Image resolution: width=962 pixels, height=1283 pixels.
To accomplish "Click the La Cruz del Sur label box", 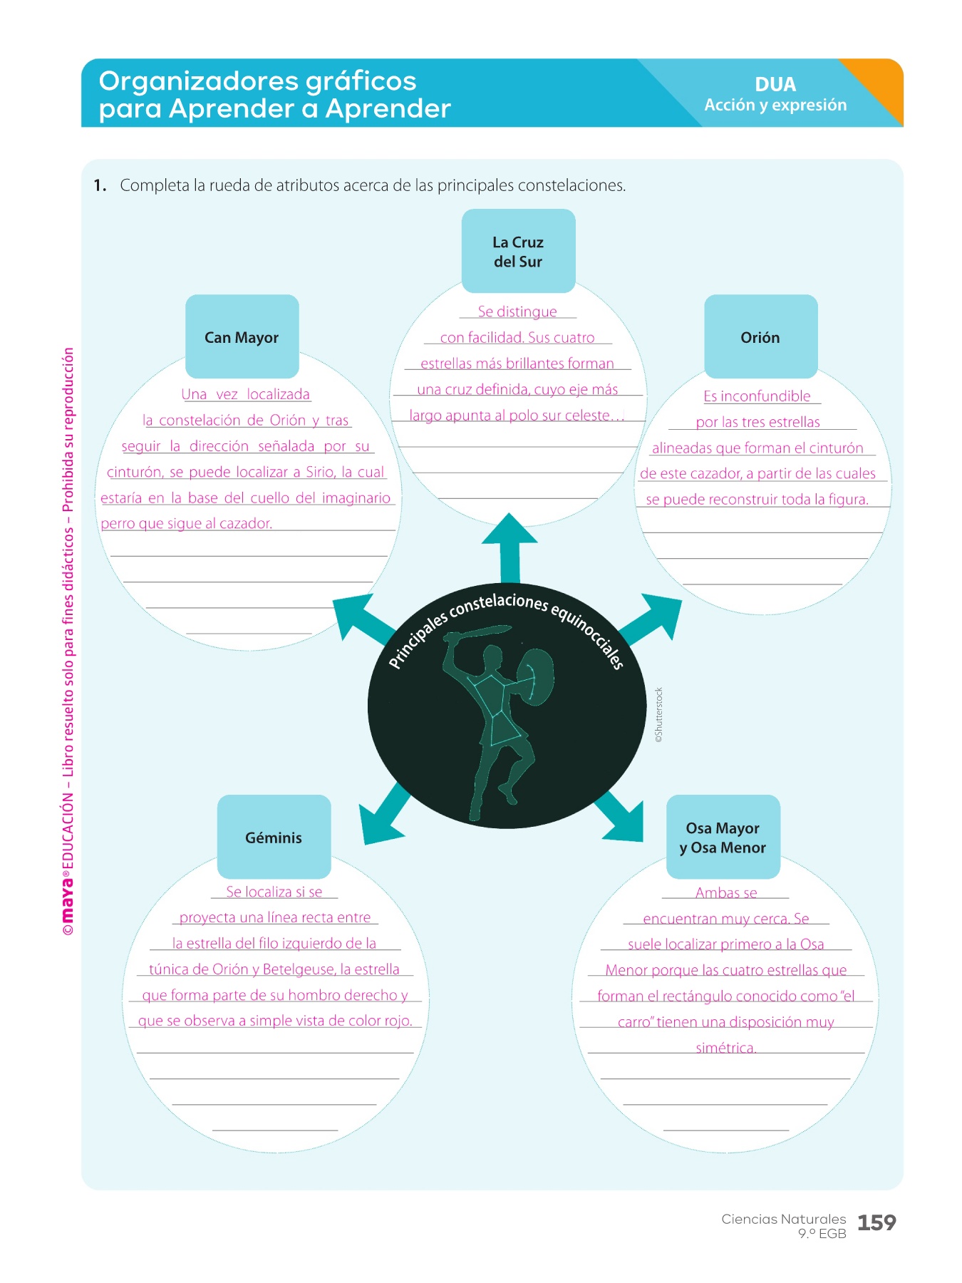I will pos(518,251).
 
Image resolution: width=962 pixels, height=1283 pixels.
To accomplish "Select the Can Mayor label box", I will pos(242,336).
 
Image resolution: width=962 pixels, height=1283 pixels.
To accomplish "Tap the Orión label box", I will pos(760,336).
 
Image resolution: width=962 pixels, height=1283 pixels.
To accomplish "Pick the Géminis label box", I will pos(274,837).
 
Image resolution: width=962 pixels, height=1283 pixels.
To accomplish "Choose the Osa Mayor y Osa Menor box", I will pos(723,837).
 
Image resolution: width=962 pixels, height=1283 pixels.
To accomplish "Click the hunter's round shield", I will pos(534,676).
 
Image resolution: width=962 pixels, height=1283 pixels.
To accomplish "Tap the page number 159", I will pos(876,1222).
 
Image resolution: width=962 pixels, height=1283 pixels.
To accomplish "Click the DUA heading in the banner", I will pos(775,84).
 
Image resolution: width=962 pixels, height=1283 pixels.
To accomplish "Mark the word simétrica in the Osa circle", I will pos(725,1047).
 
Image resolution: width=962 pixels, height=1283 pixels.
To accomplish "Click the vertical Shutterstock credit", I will pos(659,715).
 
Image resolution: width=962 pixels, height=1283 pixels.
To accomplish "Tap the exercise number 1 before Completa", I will pos(100,185).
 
